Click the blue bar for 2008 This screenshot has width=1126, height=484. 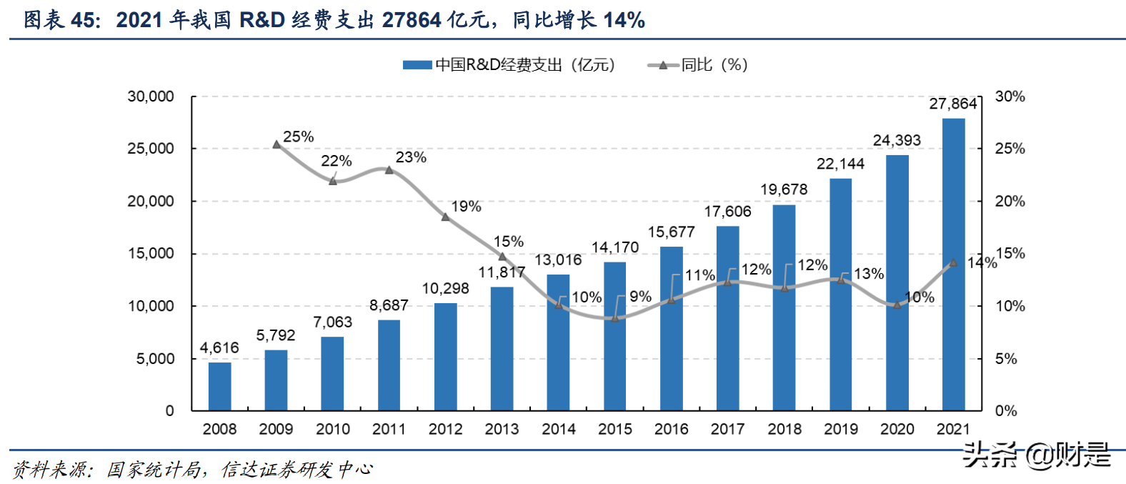(219, 386)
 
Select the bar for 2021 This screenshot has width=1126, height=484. (953, 265)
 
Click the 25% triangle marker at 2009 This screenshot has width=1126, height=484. (277, 144)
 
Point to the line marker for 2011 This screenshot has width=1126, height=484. (389, 170)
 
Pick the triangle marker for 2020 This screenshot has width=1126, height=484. (897, 305)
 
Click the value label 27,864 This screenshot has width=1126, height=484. (952, 104)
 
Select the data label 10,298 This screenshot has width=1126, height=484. (445, 288)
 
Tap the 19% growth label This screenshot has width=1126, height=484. (466, 207)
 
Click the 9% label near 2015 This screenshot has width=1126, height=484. (640, 296)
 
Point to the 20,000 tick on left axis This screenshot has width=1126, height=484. (151, 201)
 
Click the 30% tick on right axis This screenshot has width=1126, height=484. (1010, 97)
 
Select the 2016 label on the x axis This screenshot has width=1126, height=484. (671, 429)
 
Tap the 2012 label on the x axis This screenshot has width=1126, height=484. (445, 429)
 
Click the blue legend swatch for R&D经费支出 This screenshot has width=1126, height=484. (417, 65)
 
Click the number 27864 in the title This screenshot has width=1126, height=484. (411, 20)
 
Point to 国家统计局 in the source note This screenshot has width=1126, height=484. (153, 470)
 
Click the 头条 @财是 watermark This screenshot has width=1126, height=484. (1037, 455)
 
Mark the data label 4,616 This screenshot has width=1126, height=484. (219, 348)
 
